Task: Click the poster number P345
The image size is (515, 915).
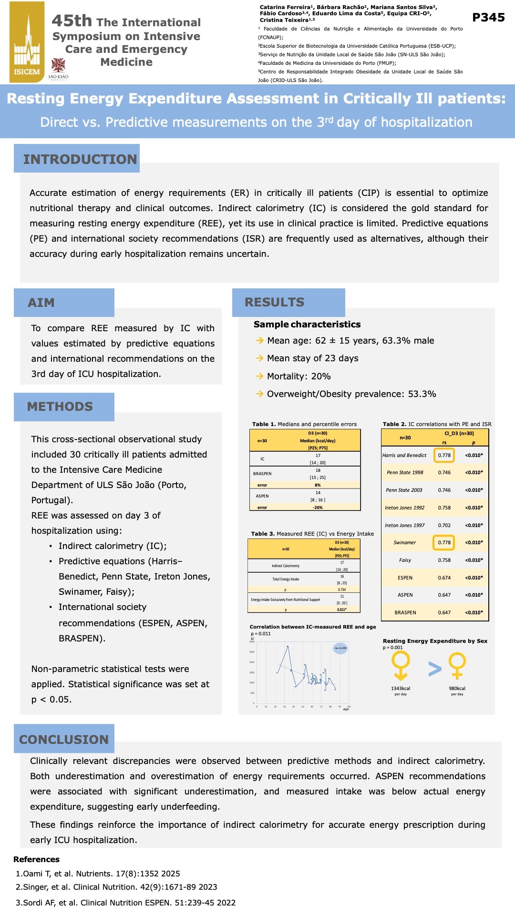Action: click(488, 18)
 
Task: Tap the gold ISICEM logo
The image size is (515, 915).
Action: click(27, 42)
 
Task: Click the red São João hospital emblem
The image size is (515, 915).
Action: click(58, 66)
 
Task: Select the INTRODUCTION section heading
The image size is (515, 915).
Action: click(80, 159)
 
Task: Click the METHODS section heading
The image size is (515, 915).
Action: click(60, 407)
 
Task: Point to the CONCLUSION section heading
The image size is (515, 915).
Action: click(64, 739)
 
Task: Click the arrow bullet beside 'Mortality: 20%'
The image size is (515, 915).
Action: click(259, 376)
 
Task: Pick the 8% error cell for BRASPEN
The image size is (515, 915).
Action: click(318, 485)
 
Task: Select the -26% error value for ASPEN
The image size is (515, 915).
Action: click(318, 508)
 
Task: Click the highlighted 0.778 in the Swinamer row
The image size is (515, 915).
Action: click(444, 542)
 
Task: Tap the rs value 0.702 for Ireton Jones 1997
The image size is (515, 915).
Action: click(444, 525)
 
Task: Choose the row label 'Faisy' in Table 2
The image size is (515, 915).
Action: click(405, 560)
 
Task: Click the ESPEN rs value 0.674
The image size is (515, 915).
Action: click(444, 578)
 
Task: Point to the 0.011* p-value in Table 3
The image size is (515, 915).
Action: click(342, 610)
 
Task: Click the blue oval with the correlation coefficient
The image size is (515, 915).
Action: click(340, 648)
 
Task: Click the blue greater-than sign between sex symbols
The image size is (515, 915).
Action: click(434, 669)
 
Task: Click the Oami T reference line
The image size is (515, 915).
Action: click(98, 874)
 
